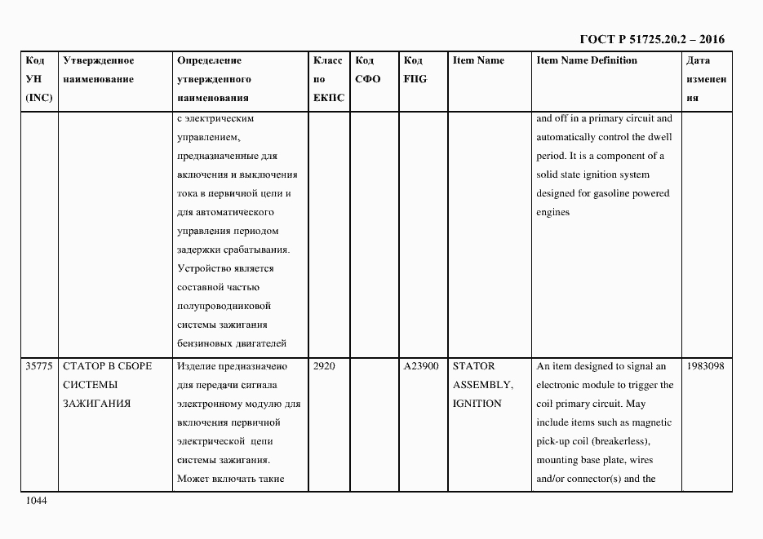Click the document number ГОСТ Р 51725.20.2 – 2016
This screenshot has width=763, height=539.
pyautogui.click(x=651, y=39)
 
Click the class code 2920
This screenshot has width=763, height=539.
pyautogui.click(x=324, y=366)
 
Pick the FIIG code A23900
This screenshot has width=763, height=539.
pyautogui.click(x=421, y=366)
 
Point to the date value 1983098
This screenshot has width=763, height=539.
pyautogui.click(x=706, y=366)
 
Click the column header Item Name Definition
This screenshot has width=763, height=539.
pyautogui.click(x=587, y=60)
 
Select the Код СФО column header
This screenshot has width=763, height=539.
pyautogui.click(x=368, y=70)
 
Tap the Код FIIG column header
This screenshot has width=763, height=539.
pyautogui.click(x=415, y=70)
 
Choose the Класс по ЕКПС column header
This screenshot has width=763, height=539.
pyautogui.click(x=328, y=79)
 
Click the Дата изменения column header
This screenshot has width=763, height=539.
pyautogui.click(x=706, y=79)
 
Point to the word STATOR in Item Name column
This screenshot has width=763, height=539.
pyautogui.click(x=473, y=366)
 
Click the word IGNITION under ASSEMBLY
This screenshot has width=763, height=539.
pyautogui.click(x=477, y=404)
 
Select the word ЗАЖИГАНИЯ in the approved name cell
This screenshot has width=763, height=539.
pyautogui.click(x=96, y=404)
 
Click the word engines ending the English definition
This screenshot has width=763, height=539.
pyautogui.click(x=552, y=212)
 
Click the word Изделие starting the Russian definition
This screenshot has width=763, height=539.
pyautogui.click(x=197, y=366)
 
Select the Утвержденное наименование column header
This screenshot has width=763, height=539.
pyautogui.click(x=99, y=70)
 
